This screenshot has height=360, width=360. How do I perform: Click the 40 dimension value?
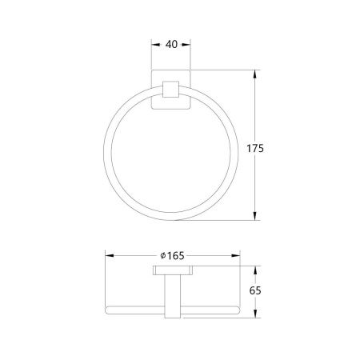(x=171, y=45)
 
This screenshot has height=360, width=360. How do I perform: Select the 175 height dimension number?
(x=255, y=149)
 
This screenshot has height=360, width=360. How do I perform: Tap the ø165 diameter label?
(x=172, y=256)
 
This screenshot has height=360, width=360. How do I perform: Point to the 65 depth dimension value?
(x=255, y=290)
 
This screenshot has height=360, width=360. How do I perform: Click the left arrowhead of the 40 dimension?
(x=156, y=45)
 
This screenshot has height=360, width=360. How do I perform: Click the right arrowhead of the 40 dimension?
(x=186, y=45)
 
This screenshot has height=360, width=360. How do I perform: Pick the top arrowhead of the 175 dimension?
(x=255, y=74)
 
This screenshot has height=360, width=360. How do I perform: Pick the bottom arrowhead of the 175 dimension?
(x=255, y=216)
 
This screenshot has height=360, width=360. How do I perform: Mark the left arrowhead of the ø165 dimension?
(x=110, y=255)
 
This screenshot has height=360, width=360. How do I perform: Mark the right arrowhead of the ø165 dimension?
(x=236, y=255)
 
